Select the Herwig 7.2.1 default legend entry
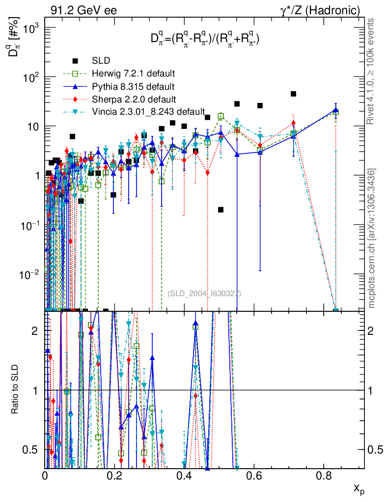133,74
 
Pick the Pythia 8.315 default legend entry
133,87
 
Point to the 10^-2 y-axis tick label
28,275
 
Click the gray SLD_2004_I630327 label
204,294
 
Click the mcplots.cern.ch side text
372,238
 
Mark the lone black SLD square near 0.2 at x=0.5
221,210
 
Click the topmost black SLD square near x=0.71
293,94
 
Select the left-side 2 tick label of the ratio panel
35,331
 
